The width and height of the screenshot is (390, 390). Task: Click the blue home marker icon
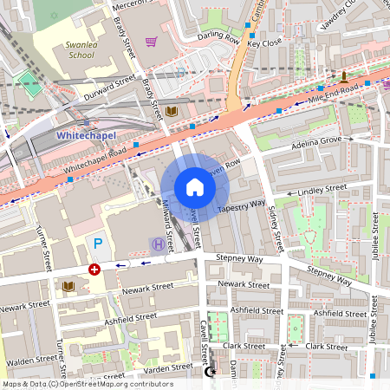[x=194, y=187]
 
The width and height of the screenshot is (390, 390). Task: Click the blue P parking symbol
[x=98, y=244]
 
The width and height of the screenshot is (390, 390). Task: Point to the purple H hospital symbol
[x=158, y=245]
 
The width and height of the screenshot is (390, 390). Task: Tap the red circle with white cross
[x=94, y=270]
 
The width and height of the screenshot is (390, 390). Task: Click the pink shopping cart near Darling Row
[x=152, y=41]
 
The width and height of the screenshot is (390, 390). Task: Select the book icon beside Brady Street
[x=172, y=112]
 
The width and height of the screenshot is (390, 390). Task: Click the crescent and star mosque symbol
[x=207, y=372]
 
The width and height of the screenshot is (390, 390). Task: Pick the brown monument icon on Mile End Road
[x=343, y=76]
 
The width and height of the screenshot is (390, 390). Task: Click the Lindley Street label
[x=322, y=188]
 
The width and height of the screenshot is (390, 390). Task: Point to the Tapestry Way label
[x=241, y=206]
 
